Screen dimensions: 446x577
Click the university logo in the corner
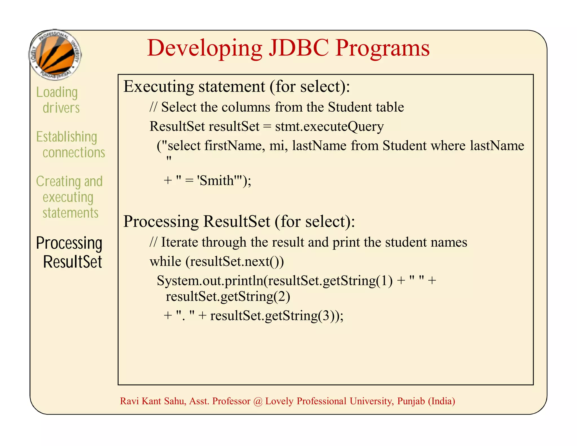(56, 55)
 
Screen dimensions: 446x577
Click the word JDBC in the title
(299, 48)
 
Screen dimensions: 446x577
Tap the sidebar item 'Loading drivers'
(58, 100)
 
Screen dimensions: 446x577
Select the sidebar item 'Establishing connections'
(70, 144)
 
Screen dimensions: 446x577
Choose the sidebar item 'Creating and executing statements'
(69, 197)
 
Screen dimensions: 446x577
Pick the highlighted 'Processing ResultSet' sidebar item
(69, 252)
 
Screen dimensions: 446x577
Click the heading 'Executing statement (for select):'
(237, 86)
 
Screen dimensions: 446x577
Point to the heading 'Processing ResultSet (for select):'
(239, 221)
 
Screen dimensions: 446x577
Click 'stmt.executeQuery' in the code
(329, 126)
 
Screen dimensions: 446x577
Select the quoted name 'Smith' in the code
(216, 180)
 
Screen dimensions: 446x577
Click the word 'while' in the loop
(165, 261)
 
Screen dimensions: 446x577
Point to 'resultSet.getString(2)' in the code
(228, 296)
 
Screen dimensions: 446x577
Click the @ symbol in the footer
(258, 401)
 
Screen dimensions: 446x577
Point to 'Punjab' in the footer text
(411, 401)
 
